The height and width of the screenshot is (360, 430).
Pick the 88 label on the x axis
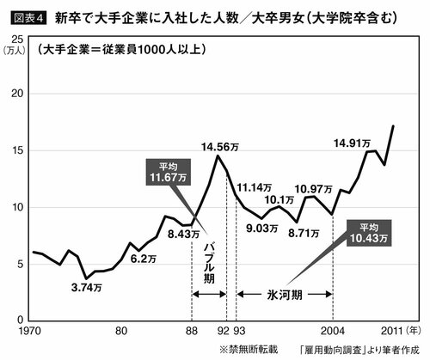click(191, 330)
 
